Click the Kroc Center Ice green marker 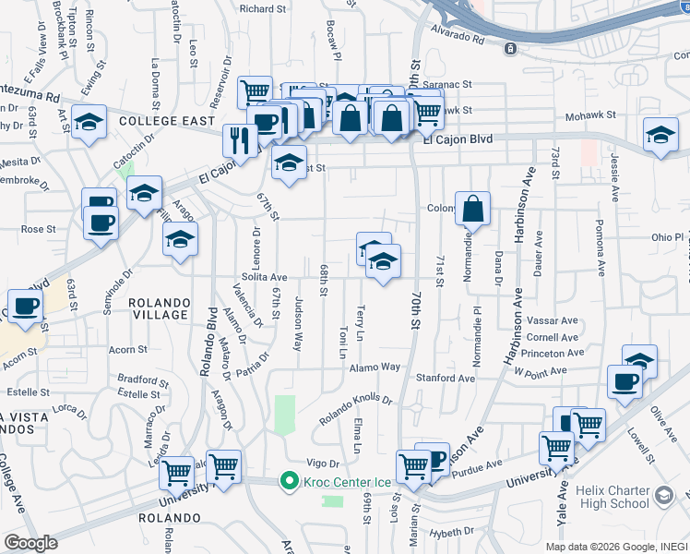[289, 481]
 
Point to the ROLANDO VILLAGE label [159, 308]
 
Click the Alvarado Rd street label [458, 39]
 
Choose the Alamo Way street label [375, 367]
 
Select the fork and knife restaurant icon [239, 140]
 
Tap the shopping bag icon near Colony [472, 210]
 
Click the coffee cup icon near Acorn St [26, 306]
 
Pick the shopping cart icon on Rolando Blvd [223, 466]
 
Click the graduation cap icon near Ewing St [89, 122]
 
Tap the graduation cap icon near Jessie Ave [660, 135]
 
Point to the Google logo [31, 543]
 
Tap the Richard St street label [262, 8]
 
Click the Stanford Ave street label [445, 378]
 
